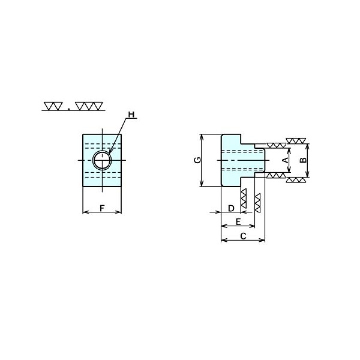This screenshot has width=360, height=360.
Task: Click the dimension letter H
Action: (x=131, y=115)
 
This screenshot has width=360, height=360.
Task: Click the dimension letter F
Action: (x=102, y=208)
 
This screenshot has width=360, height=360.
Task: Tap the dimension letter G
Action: (x=197, y=160)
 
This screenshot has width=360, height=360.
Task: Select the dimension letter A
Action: (x=286, y=160)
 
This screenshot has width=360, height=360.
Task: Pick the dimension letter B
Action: (x=303, y=160)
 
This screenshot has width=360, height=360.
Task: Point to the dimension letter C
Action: (x=243, y=236)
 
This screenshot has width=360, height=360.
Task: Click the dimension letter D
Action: (x=231, y=208)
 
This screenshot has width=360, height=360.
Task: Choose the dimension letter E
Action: (x=238, y=222)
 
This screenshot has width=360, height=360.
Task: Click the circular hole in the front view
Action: (x=102, y=160)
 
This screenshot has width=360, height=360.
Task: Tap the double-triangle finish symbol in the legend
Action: (x=53, y=106)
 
